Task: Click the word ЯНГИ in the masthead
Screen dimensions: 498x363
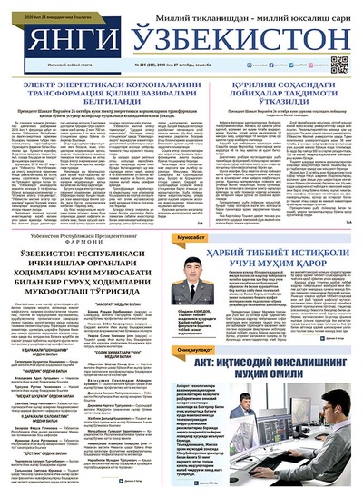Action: pyautogui.click(x=67, y=41)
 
